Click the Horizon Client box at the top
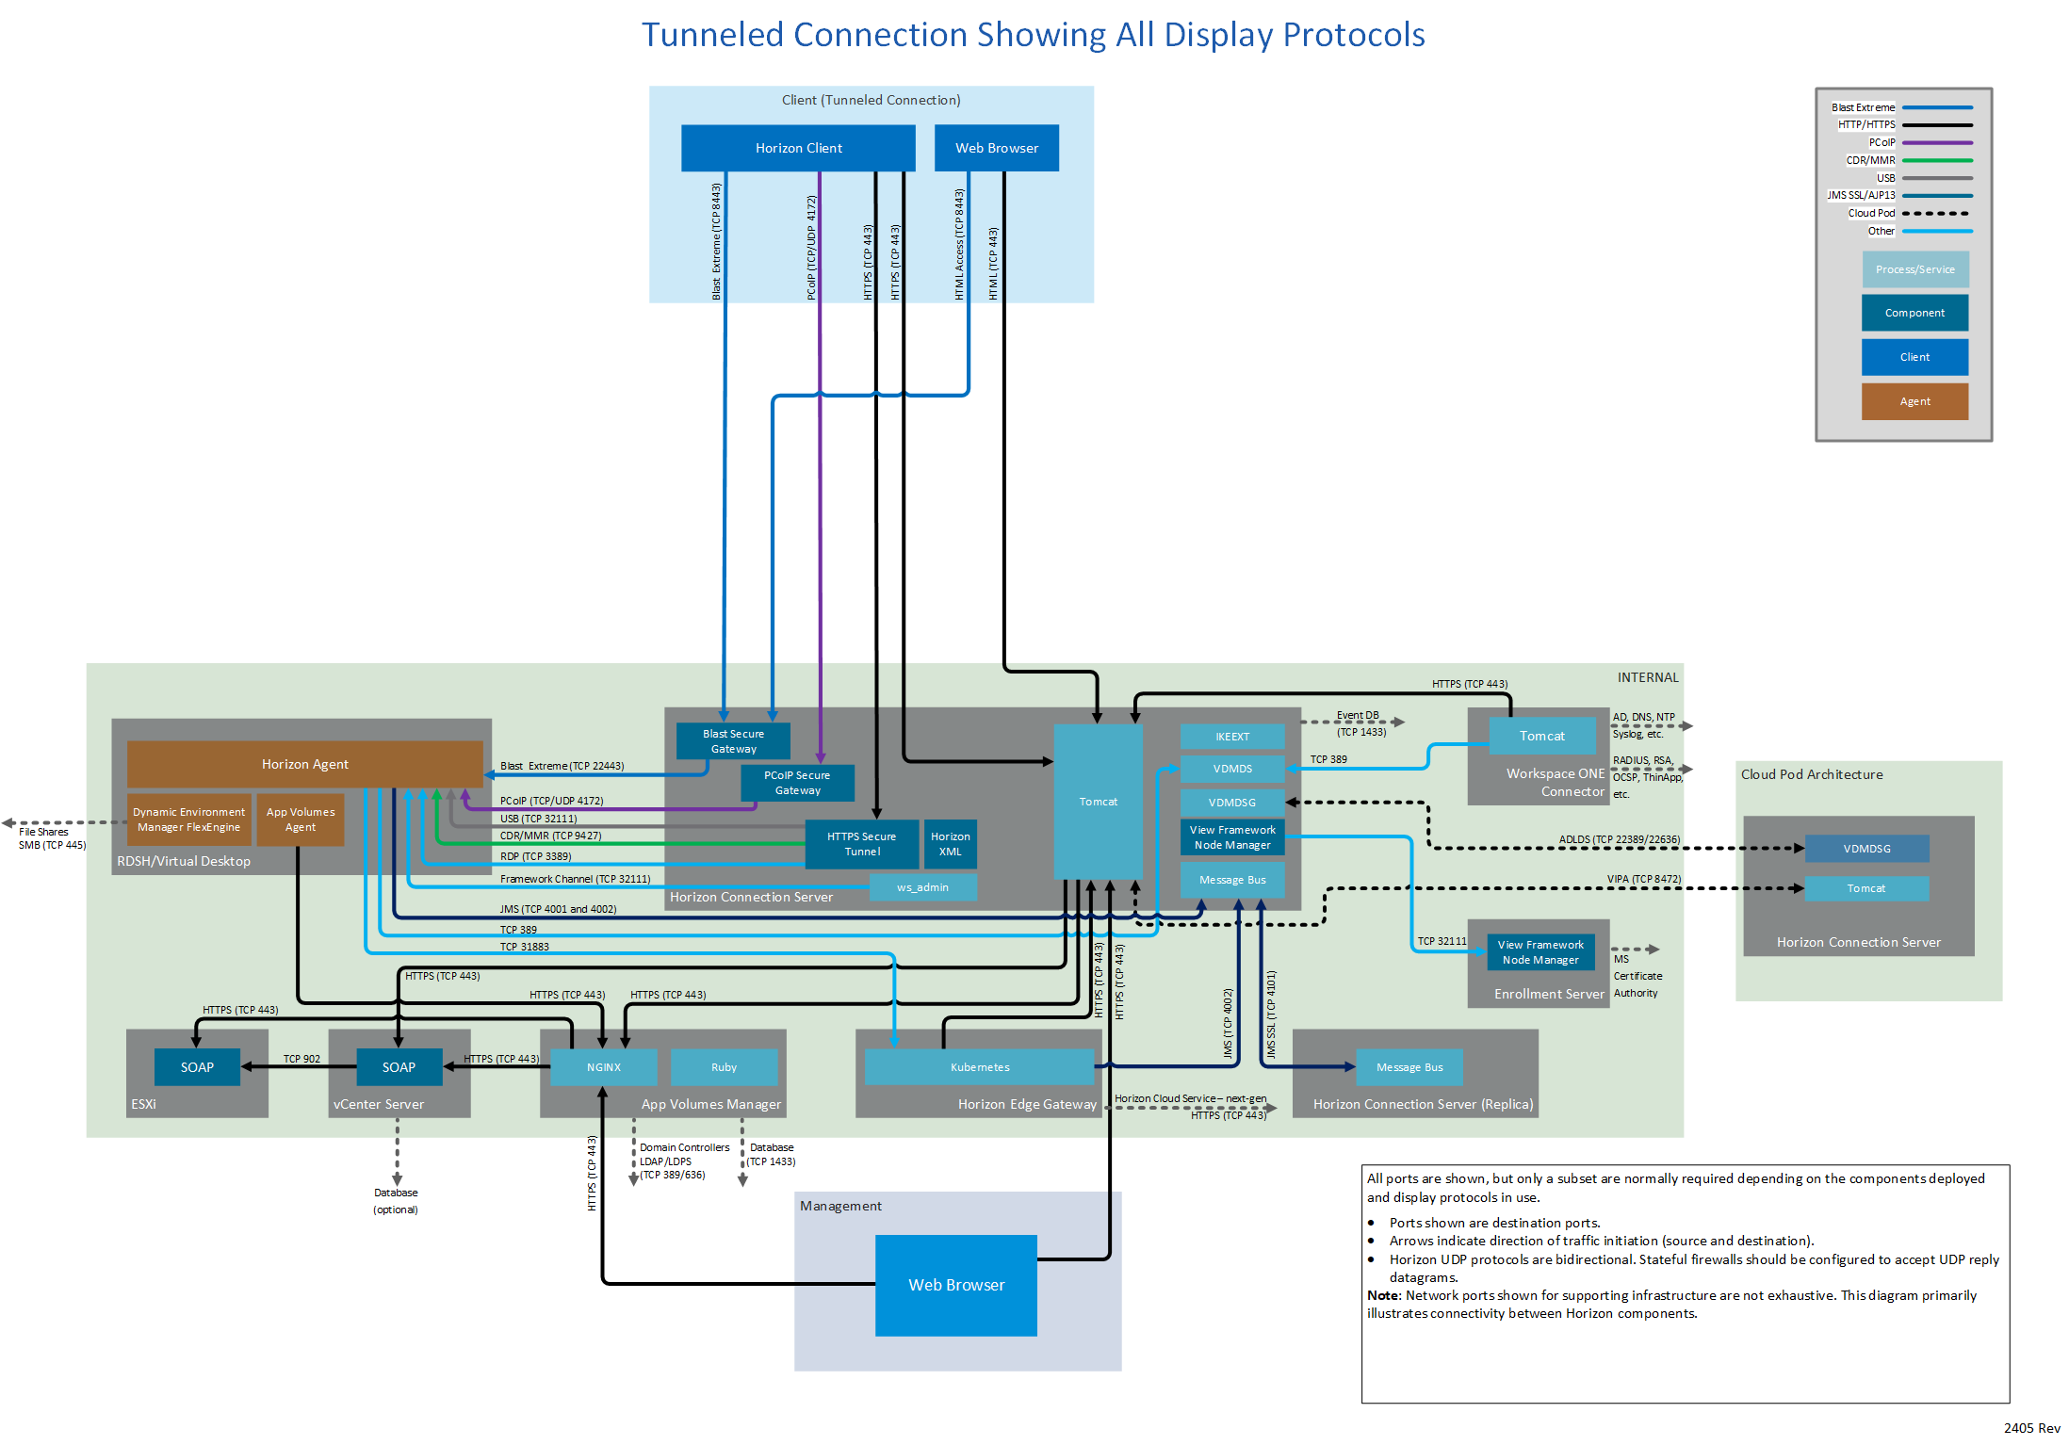coord(798,148)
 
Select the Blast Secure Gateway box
coord(733,741)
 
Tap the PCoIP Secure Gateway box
coord(797,783)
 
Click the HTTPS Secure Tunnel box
coord(861,844)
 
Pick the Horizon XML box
coord(950,844)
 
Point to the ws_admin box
coord(922,887)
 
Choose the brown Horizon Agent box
coord(304,764)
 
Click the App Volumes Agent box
coord(301,820)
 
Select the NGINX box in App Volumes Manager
coord(603,1067)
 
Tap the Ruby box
coord(724,1067)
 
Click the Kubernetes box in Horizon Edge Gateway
coord(979,1067)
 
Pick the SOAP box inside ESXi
coord(197,1067)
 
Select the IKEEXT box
coord(1232,737)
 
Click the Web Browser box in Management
coord(955,1285)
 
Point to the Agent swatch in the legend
coord(1914,401)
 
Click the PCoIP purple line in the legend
coord(1937,143)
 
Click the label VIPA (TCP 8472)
coord(1643,879)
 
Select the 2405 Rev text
coord(2031,1428)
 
